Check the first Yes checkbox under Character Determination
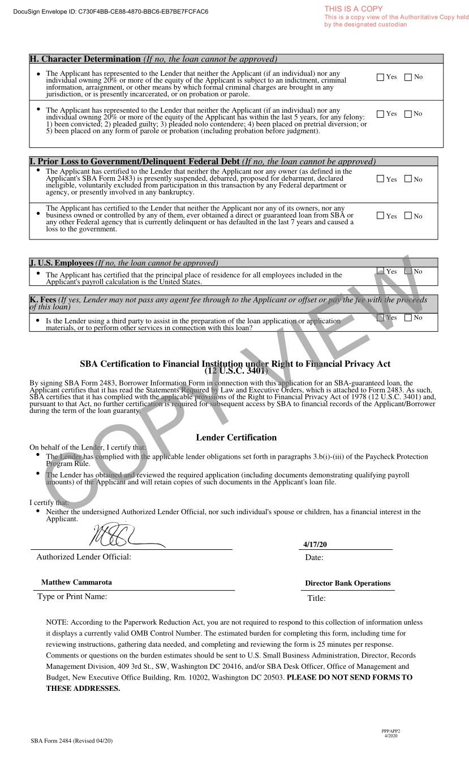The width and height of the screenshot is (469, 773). [380, 78]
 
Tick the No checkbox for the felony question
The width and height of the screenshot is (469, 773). [408, 114]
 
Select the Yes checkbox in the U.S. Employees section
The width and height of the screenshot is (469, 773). [380, 272]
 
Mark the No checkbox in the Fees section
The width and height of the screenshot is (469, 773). [408, 318]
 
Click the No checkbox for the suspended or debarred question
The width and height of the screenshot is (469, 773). [408, 180]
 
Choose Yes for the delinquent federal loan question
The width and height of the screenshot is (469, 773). [380, 216]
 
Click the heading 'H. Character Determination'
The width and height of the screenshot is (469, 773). [85, 59]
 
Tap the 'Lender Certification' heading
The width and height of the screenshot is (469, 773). [236, 437]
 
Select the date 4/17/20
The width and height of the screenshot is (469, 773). [315, 544]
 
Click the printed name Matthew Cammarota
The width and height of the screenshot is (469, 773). [76, 582]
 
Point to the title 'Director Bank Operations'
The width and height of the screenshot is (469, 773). [347, 583]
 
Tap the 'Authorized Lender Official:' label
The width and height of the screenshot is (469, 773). [84, 557]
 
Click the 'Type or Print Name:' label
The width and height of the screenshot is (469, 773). [72, 596]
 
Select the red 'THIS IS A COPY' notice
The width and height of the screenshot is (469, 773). [354, 9]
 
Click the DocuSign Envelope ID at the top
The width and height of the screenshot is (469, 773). [110, 11]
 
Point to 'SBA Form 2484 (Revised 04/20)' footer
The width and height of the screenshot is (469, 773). [72, 741]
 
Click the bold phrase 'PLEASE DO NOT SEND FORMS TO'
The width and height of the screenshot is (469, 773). [350, 677]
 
